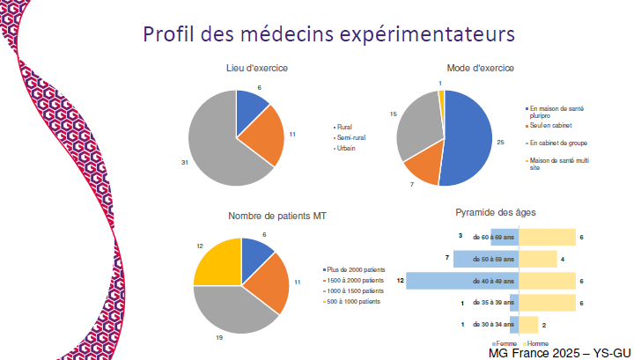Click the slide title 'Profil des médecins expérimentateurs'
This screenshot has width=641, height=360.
328,34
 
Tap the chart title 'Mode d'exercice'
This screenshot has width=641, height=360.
481,68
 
